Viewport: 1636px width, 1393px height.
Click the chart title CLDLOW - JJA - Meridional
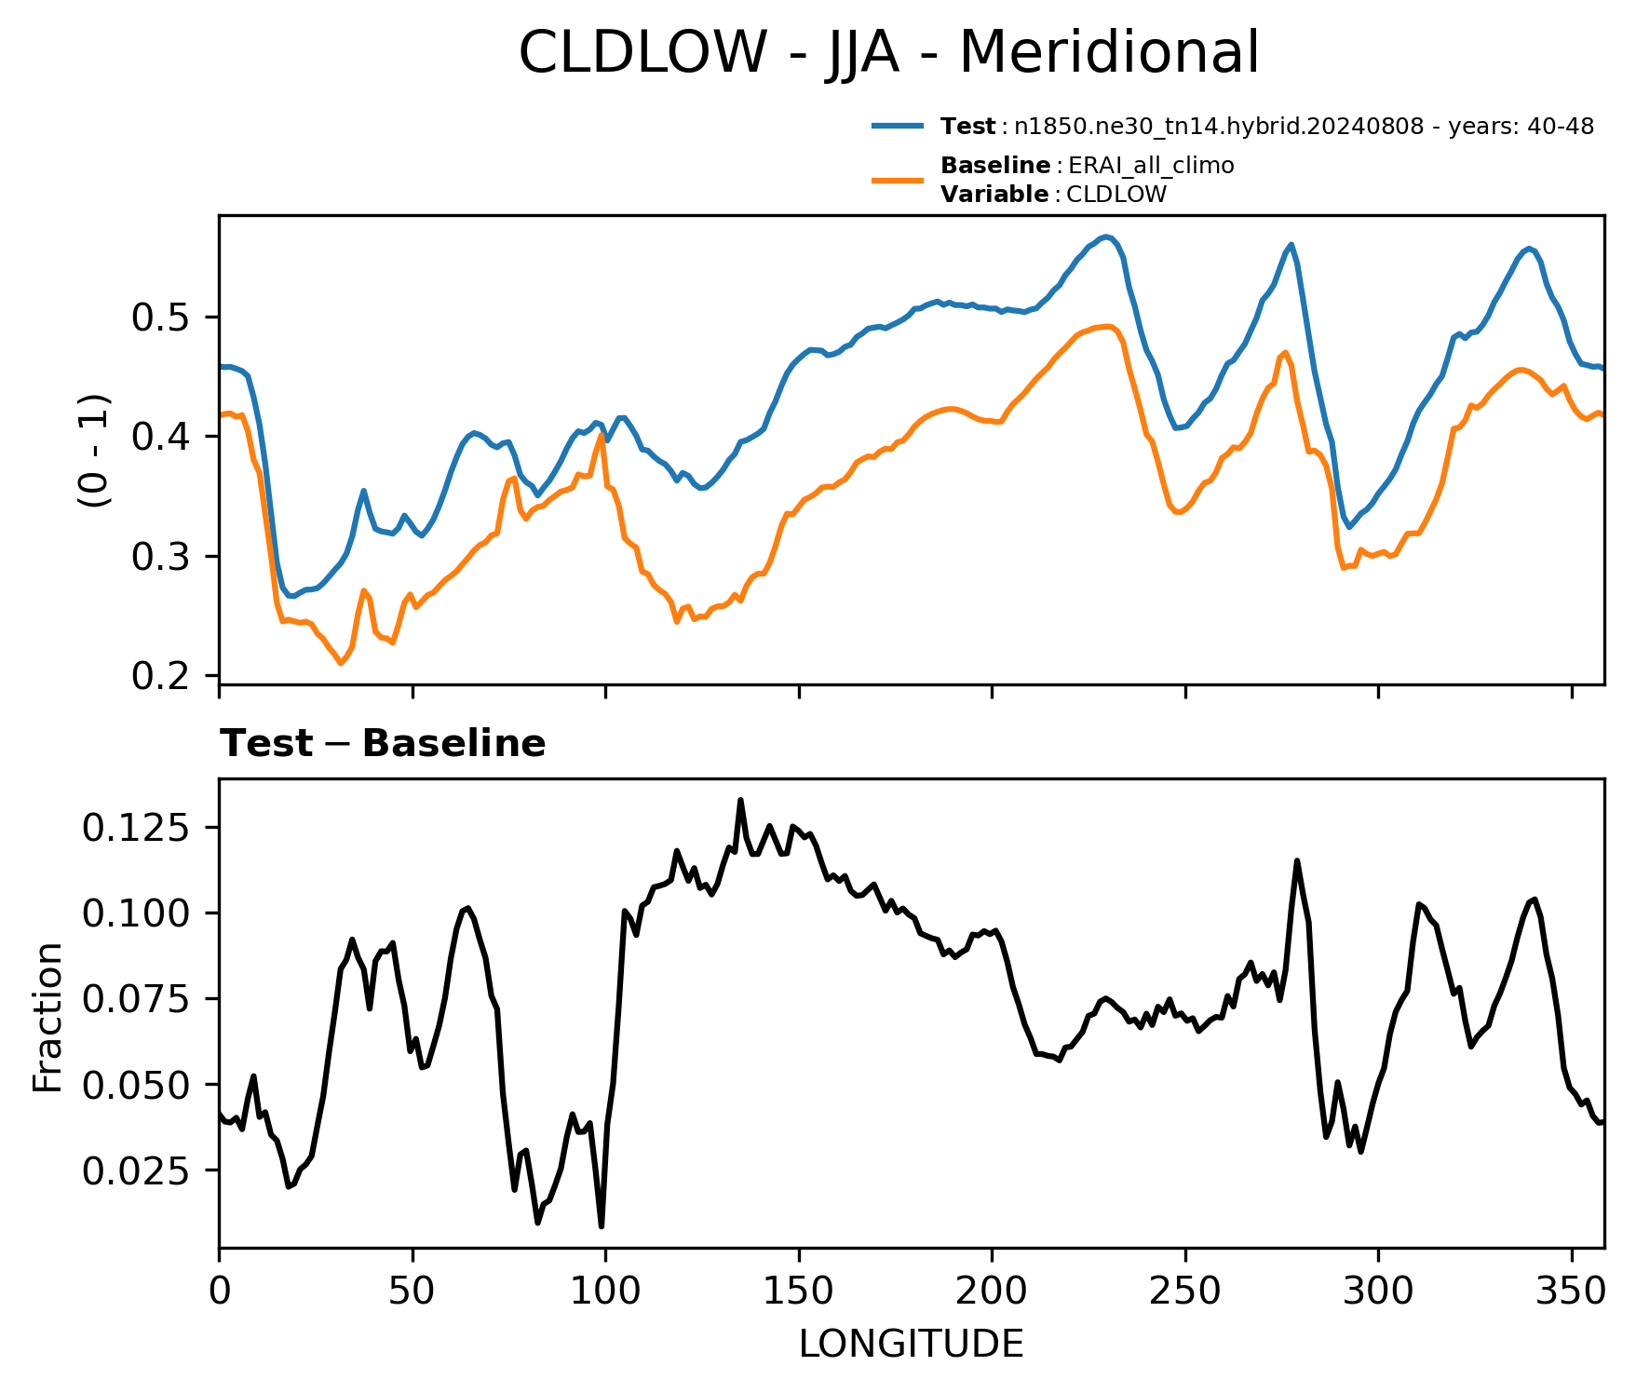[888, 53]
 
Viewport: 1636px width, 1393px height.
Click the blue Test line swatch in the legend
[898, 126]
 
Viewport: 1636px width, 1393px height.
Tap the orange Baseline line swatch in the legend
[898, 180]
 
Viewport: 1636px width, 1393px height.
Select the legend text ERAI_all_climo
[1151, 166]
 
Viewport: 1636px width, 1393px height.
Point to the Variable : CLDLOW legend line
[1053, 195]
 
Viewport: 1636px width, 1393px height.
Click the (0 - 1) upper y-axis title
[95, 450]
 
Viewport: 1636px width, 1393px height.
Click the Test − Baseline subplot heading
[383, 744]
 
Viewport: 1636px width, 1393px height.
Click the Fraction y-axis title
[47, 1017]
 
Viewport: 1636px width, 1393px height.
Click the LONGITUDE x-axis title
[912, 1345]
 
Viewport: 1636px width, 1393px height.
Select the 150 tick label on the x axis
[798, 1291]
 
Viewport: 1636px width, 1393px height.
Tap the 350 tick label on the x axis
[1571, 1291]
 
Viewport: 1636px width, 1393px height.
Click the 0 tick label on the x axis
[219, 1291]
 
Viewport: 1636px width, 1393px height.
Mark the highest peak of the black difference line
[740, 800]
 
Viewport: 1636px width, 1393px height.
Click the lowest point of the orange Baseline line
[341, 663]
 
